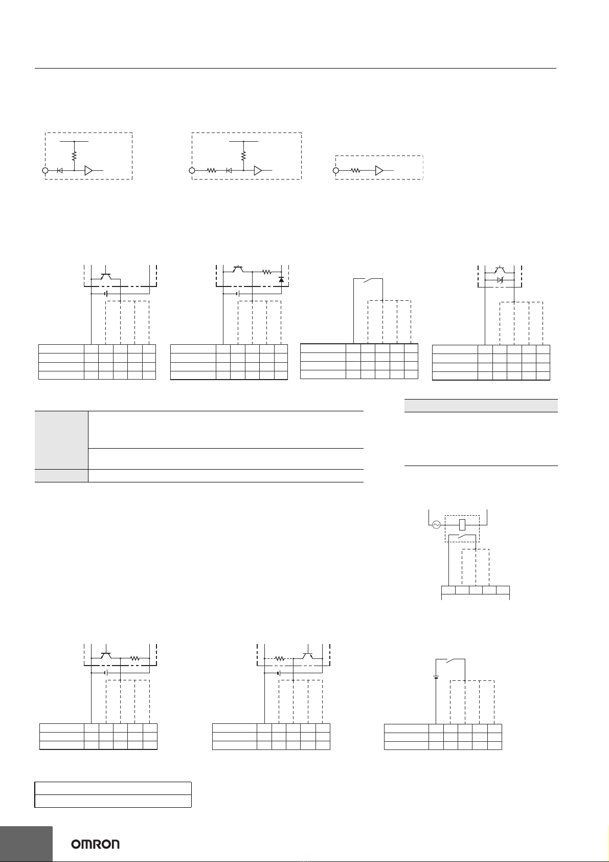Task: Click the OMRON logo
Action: tap(95, 844)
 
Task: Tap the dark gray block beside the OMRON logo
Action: tap(26, 844)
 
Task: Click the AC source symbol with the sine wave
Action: tap(437, 524)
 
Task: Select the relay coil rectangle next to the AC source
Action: tap(462, 524)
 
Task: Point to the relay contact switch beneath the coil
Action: tap(463, 536)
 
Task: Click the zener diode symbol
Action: tap(500, 280)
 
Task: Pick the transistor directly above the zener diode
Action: tap(500, 270)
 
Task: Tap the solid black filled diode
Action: tap(281, 280)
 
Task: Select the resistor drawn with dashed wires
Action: tap(279, 659)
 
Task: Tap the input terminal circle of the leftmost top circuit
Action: tap(45, 171)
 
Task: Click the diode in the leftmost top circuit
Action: tap(60, 171)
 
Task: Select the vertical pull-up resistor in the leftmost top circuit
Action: tap(75, 156)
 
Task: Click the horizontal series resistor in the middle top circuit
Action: tap(212, 171)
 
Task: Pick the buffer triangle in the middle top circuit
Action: tap(258, 171)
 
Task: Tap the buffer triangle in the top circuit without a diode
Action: tap(379, 171)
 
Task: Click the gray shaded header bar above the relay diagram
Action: tap(481, 406)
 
